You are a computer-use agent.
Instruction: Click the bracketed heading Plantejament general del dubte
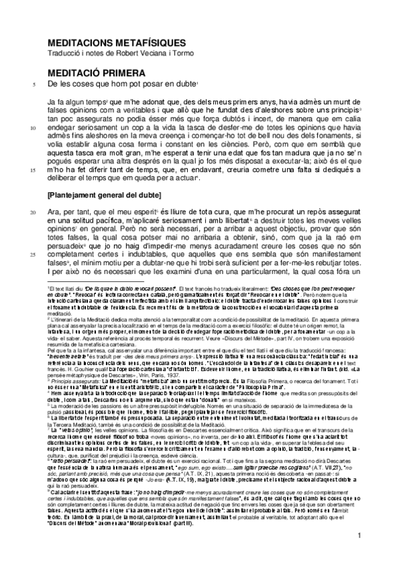[104, 195]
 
